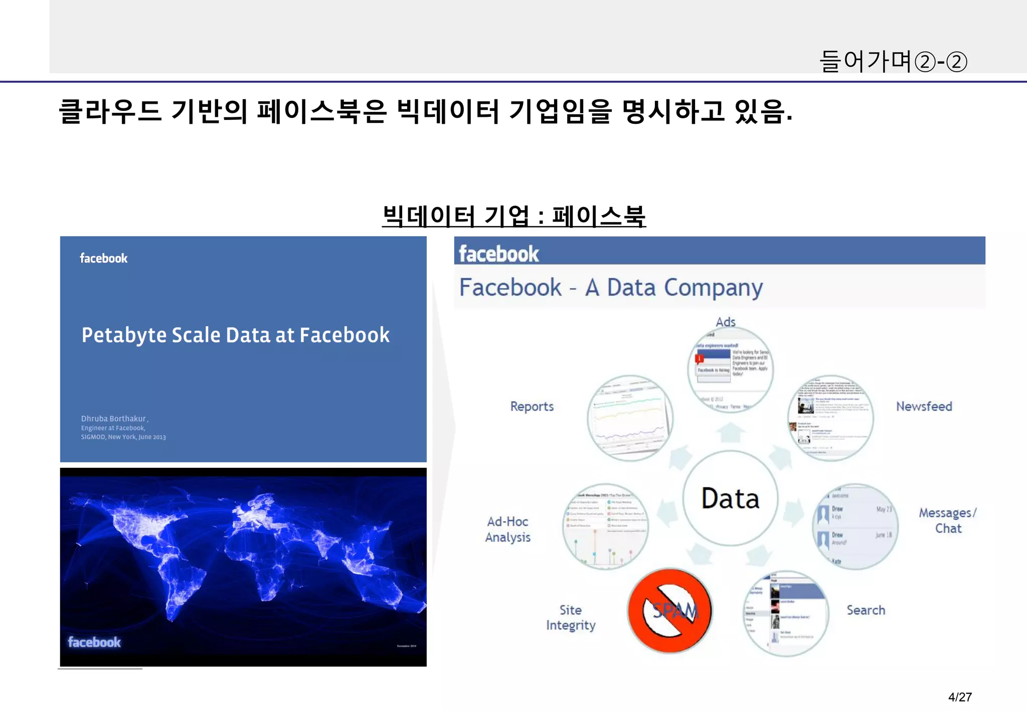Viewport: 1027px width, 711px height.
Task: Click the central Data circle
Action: click(x=730, y=498)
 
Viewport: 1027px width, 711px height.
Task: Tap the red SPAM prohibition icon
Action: click(x=670, y=610)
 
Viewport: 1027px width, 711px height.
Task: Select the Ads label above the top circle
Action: click(x=726, y=322)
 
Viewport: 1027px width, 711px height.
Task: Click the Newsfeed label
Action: click(x=924, y=406)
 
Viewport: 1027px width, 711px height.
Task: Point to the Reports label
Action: click(x=532, y=406)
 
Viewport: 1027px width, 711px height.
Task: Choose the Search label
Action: click(x=866, y=610)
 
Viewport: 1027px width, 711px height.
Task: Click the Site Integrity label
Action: click(x=571, y=617)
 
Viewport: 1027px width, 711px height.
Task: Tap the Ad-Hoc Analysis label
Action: click(x=507, y=529)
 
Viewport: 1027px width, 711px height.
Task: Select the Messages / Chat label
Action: click(x=948, y=520)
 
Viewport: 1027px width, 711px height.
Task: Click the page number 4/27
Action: click(x=960, y=696)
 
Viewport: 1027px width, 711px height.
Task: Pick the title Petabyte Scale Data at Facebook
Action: click(x=236, y=335)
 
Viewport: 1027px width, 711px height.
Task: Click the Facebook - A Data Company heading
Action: click(x=611, y=288)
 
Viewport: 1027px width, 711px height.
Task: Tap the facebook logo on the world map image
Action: click(x=94, y=642)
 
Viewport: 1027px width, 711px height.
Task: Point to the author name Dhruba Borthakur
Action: click(x=114, y=419)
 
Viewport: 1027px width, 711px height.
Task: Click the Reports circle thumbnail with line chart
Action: click(x=630, y=418)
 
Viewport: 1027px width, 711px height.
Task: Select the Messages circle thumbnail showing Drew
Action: click(x=855, y=526)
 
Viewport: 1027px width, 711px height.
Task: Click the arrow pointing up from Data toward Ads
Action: click(x=731, y=432)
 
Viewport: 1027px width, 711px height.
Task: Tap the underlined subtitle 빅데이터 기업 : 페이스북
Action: click(x=513, y=216)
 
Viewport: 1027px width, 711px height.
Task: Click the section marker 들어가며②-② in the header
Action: click(x=893, y=62)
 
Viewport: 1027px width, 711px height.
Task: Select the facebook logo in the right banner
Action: click(x=499, y=254)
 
